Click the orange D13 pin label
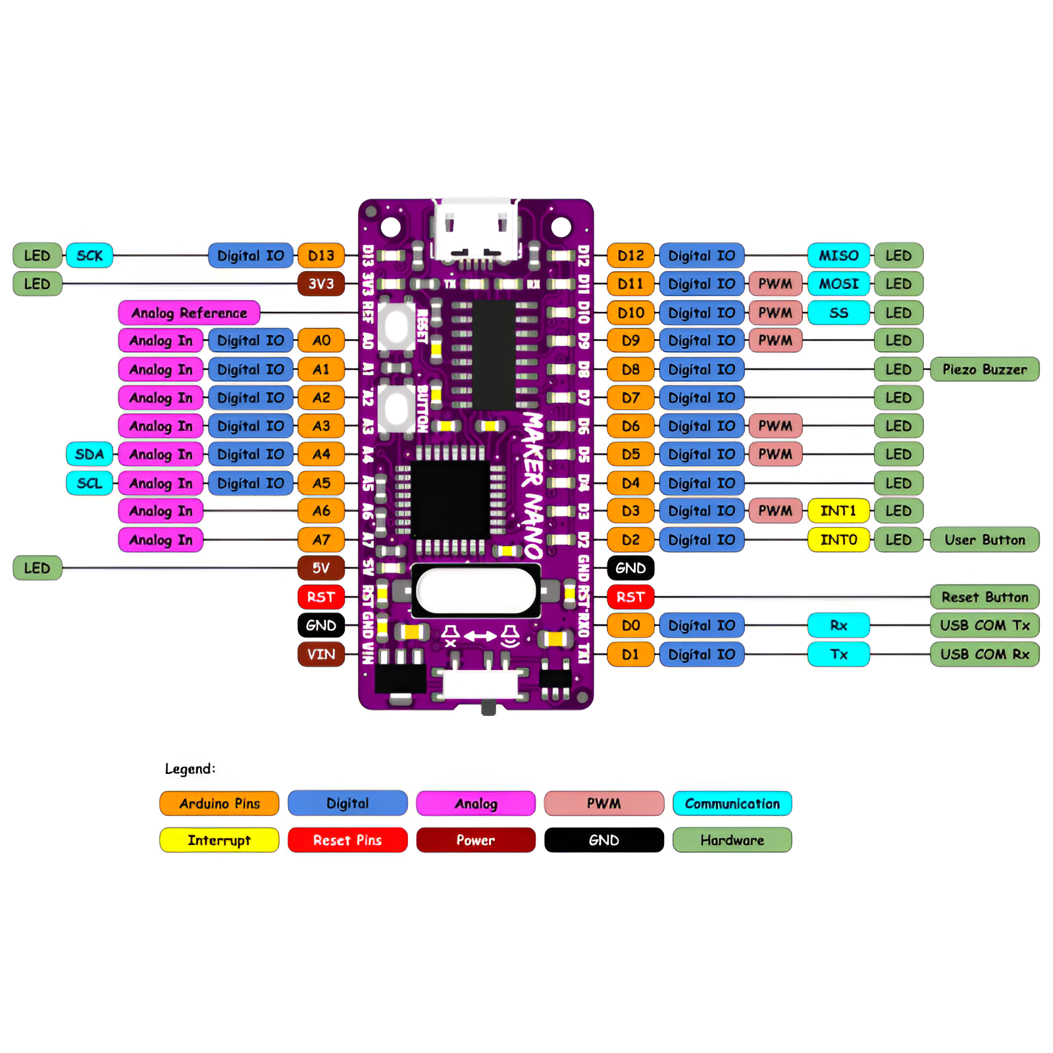pyautogui.click(x=321, y=255)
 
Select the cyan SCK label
pyautogui.click(x=90, y=255)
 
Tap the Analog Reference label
pyautogui.click(x=189, y=313)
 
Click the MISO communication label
pyautogui.click(x=838, y=255)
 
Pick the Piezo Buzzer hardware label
pyautogui.click(x=984, y=369)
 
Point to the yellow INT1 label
pyautogui.click(x=838, y=511)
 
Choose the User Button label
pyautogui.click(x=984, y=540)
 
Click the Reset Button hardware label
pyautogui.click(x=984, y=597)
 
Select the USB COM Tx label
pyautogui.click(x=984, y=625)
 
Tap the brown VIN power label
pyautogui.click(x=321, y=654)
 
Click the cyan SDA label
pyautogui.click(x=90, y=454)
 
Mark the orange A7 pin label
pyautogui.click(x=321, y=540)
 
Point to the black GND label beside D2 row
pyautogui.click(x=630, y=568)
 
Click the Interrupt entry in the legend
pyautogui.click(x=219, y=840)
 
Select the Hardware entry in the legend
pyautogui.click(x=732, y=840)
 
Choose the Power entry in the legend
pyautogui.click(x=475, y=840)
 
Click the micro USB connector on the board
pyautogui.click(x=476, y=230)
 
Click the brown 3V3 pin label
pyautogui.click(x=321, y=284)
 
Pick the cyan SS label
pyautogui.click(x=838, y=313)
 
